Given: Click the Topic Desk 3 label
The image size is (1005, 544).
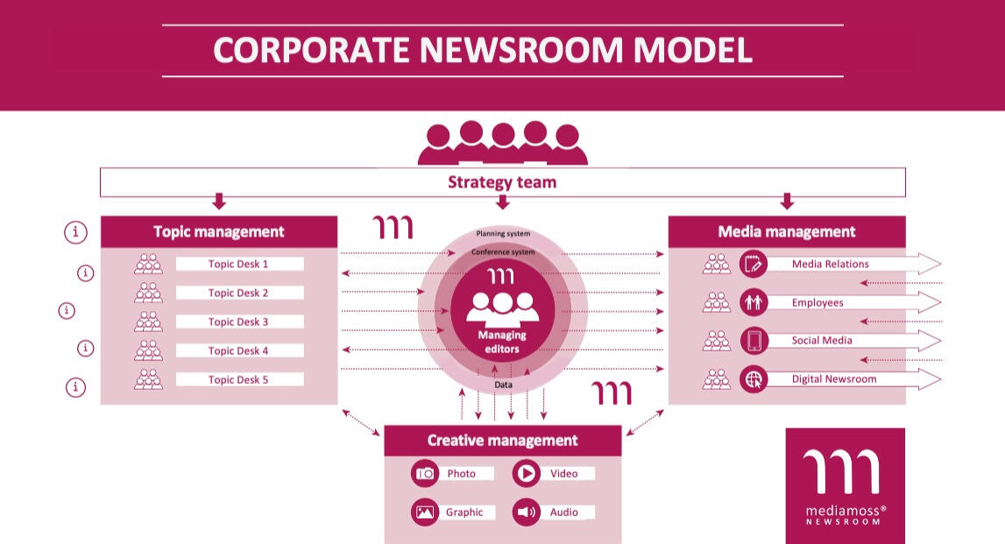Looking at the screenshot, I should pyautogui.click(x=238, y=321).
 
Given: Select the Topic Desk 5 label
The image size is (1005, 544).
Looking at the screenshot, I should pyautogui.click(x=238, y=379).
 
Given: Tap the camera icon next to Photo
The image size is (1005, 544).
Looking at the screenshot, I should pyautogui.click(x=425, y=474).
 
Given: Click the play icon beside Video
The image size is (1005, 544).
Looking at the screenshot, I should pyautogui.click(x=527, y=474).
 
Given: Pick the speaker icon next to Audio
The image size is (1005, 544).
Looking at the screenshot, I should pyautogui.click(x=527, y=512).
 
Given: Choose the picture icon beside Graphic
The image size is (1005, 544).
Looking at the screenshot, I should pyautogui.click(x=425, y=512).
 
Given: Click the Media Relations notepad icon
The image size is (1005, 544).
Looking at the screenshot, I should pyautogui.click(x=754, y=264).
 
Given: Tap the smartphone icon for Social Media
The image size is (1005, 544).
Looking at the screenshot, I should pyautogui.click(x=754, y=341).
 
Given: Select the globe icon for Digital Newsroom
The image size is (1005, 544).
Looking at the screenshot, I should pyautogui.click(x=754, y=379).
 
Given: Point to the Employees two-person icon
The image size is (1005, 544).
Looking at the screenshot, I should pyautogui.click(x=754, y=302).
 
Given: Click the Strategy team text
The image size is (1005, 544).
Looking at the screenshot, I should pyautogui.click(x=502, y=182).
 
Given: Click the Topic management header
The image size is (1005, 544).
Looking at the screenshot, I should pyautogui.click(x=219, y=231).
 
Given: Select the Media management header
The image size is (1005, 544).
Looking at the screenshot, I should pyautogui.click(x=787, y=231).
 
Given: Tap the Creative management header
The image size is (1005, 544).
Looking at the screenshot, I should pyautogui.click(x=502, y=441).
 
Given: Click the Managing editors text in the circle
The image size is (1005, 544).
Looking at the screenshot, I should pyautogui.click(x=502, y=342).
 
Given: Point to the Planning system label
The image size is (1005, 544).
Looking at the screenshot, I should pyautogui.click(x=502, y=234).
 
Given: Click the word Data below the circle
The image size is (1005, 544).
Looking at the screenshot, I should pyautogui.click(x=503, y=385).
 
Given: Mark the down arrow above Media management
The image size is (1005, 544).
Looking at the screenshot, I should pyautogui.click(x=787, y=201).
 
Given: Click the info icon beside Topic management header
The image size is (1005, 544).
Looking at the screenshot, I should pyautogui.click(x=77, y=232).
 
